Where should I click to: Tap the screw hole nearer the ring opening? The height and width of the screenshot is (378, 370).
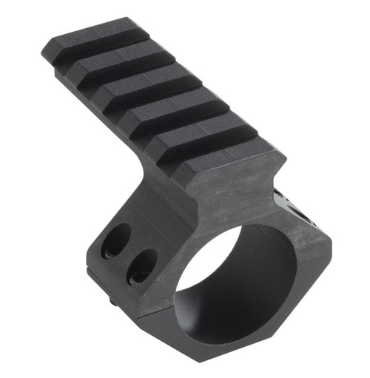tap(141, 264)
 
